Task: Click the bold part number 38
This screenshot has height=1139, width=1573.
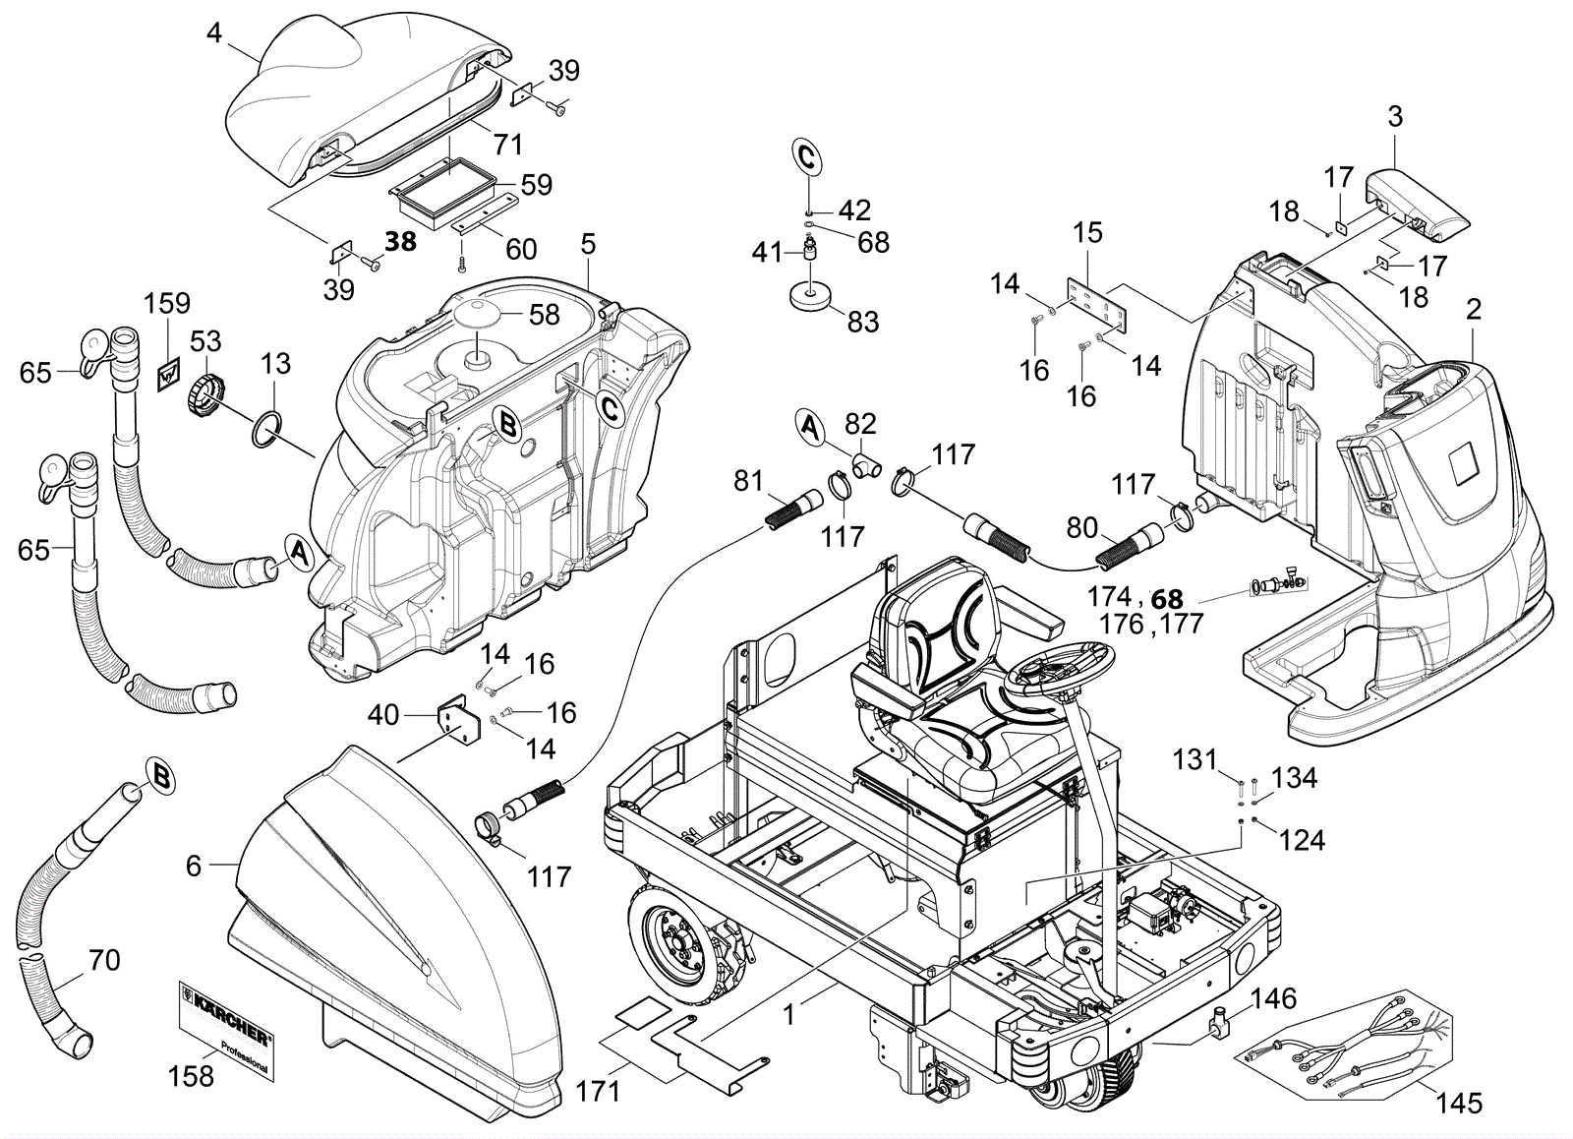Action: click(400, 241)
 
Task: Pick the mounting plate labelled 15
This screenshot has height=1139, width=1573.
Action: click(1097, 306)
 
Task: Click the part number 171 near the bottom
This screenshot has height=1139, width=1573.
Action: click(598, 1091)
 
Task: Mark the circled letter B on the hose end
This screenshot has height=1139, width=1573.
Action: click(163, 777)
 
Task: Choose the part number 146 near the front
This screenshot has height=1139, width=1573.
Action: click(1273, 999)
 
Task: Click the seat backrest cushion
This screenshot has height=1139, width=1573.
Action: click(940, 620)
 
